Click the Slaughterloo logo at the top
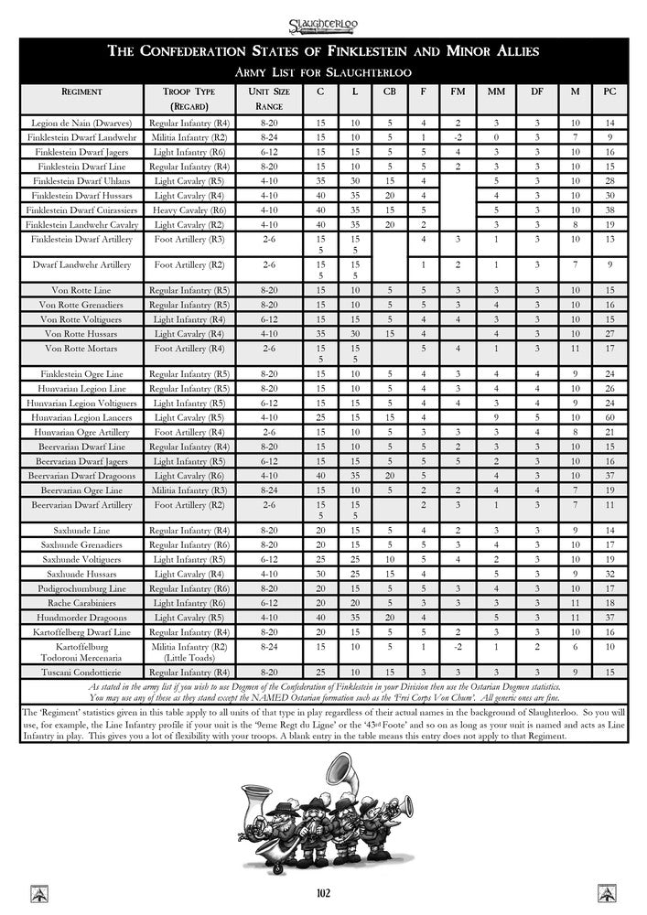(x=323, y=17)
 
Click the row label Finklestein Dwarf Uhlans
(x=82, y=181)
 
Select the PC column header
(x=609, y=92)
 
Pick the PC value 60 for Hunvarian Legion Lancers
(x=609, y=417)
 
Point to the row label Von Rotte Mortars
(x=82, y=349)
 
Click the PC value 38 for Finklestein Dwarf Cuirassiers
(x=609, y=210)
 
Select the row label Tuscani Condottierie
(x=82, y=673)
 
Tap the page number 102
(x=323, y=893)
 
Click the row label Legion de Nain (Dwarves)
(x=82, y=123)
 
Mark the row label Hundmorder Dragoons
(x=82, y=618)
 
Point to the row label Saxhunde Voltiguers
(x=82, y=558)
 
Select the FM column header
(x=458, y=92)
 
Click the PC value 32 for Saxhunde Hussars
(x=609, y=573)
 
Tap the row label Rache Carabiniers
(x=82, y=603)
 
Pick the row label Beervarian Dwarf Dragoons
(x=82, y=476)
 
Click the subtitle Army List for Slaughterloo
(x=323, y=71)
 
